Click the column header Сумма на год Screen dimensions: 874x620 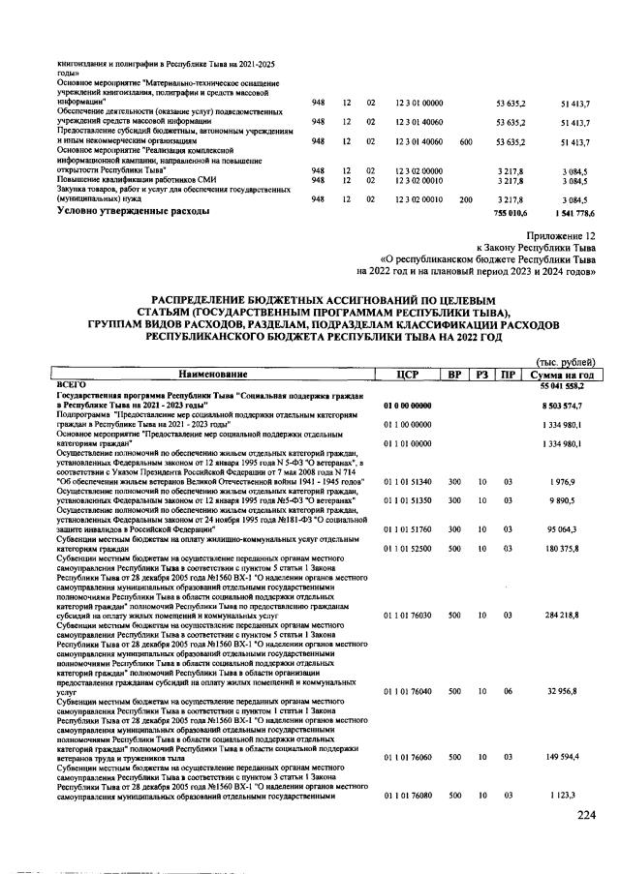pyautogui.click(x=564, y=374)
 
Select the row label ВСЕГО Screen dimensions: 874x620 pyautogui.click(x=74, y=384)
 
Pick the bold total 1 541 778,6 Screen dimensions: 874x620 pyautogui.click(x=569, y=210)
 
